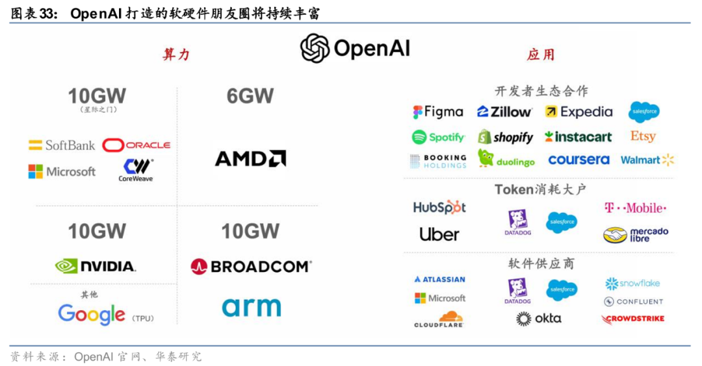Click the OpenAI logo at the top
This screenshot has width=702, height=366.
point(355,49)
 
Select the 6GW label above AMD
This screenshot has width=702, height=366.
point(250,96)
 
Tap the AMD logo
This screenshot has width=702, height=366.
point(250,158)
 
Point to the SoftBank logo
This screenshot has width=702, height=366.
point(62,145)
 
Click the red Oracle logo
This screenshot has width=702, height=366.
point(136,145)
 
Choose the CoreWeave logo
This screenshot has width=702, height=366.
point(136,170)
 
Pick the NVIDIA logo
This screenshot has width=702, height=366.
point(96,266)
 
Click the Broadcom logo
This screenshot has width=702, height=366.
point(251,266)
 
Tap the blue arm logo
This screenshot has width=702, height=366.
point(251,307)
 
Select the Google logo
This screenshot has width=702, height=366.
point(92,315)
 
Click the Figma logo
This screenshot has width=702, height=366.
point(438,112)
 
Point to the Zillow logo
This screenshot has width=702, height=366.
point(504,112)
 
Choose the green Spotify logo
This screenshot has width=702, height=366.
point(438,137)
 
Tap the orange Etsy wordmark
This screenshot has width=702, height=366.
point(642,136)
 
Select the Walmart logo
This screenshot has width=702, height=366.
point(647,160)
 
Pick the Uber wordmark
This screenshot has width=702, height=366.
point(439,234)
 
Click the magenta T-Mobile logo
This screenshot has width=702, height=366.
point(635,208)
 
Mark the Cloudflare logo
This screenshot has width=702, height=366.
point(439,319)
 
